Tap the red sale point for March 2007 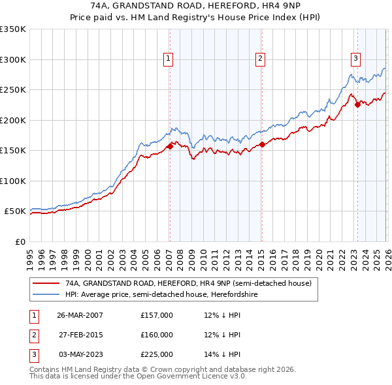170,146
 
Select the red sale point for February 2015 261,145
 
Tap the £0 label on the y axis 20,242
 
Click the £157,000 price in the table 157,315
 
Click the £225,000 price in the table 157,354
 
